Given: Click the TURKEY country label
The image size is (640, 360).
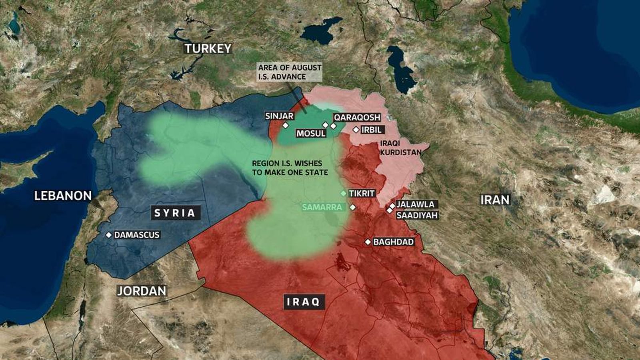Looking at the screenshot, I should point(208,49).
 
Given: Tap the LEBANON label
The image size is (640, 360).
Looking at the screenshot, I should point(63,196).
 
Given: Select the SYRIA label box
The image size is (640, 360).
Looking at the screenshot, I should point(175,213).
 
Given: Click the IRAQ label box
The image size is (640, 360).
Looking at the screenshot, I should point(304,302).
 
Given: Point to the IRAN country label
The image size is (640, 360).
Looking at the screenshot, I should point(495,200).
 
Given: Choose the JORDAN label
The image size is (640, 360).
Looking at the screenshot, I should point(142,291).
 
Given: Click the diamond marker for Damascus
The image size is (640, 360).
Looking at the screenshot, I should point(108,235).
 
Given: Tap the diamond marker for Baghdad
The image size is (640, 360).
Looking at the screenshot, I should point(368,242).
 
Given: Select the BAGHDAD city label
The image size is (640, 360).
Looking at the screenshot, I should point(393,242).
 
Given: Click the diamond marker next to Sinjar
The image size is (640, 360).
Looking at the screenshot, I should point(286,125).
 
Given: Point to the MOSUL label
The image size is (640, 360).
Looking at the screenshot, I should point(311,134).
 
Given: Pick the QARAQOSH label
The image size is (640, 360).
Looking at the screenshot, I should point(357,117).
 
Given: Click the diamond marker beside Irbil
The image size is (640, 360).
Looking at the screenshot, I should point(356,130).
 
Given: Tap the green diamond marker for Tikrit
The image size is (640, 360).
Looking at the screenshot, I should point(343,194).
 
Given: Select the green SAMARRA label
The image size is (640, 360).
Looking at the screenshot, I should point(322,207).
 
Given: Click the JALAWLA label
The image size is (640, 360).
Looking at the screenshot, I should point(415,204).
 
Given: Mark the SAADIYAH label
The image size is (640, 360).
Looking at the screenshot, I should point(417,215).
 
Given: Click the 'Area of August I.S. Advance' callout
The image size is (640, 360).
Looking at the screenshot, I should point(290,72).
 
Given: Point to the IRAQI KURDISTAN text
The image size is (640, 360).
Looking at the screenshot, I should point(400,148).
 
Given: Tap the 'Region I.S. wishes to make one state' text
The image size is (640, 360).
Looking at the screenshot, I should point(290,168).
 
